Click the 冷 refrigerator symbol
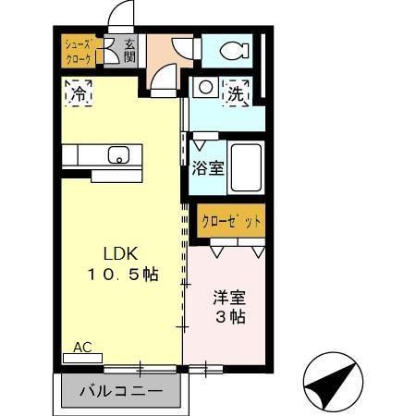point(78,92)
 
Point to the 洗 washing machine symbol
point(237,92)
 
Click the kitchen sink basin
point(117,154)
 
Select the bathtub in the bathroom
point(245,166)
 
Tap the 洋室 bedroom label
point(227,298)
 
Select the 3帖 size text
point(229,317)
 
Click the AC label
point(82,348)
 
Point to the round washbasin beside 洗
point(205,89)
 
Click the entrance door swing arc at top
point(121,17)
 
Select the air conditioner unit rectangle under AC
point(82,358)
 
